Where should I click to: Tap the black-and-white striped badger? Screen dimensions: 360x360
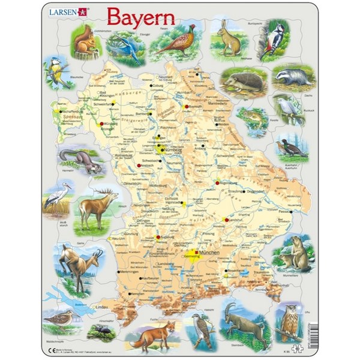292,77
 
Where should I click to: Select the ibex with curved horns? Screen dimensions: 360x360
243,327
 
